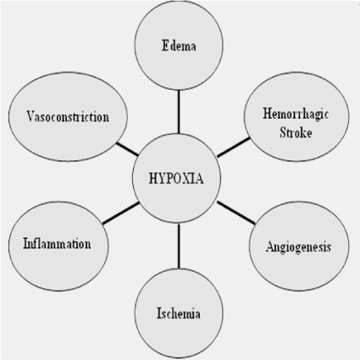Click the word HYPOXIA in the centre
click(x=176, y=179)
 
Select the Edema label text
click(x=179, y=46)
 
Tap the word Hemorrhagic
click(x=296, y=114)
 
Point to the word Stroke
click(x=296, y=132)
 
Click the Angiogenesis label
click(x=298, y=247)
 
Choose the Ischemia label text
click(x=179, y=313)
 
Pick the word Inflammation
click(x=57, y=244)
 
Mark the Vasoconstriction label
click(x=68, y=116)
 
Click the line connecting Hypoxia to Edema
click(x=179, y=112)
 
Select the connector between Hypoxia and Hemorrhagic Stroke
click(x=234, y=147)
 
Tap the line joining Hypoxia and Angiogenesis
click(x=236, y=213)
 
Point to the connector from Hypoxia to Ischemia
click(x=179, y=246)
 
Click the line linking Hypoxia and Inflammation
click(x=121, y=213)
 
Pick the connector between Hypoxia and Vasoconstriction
click(x=127, y=149)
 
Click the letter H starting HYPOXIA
click(x=153, y=179)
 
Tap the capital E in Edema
click(x=165, y=46)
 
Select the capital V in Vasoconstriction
click(x=30, y=116)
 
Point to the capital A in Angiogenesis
click(x=269, y=246)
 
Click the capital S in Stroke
click(x=283, y=132)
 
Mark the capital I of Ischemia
click(x=159, y=313)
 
